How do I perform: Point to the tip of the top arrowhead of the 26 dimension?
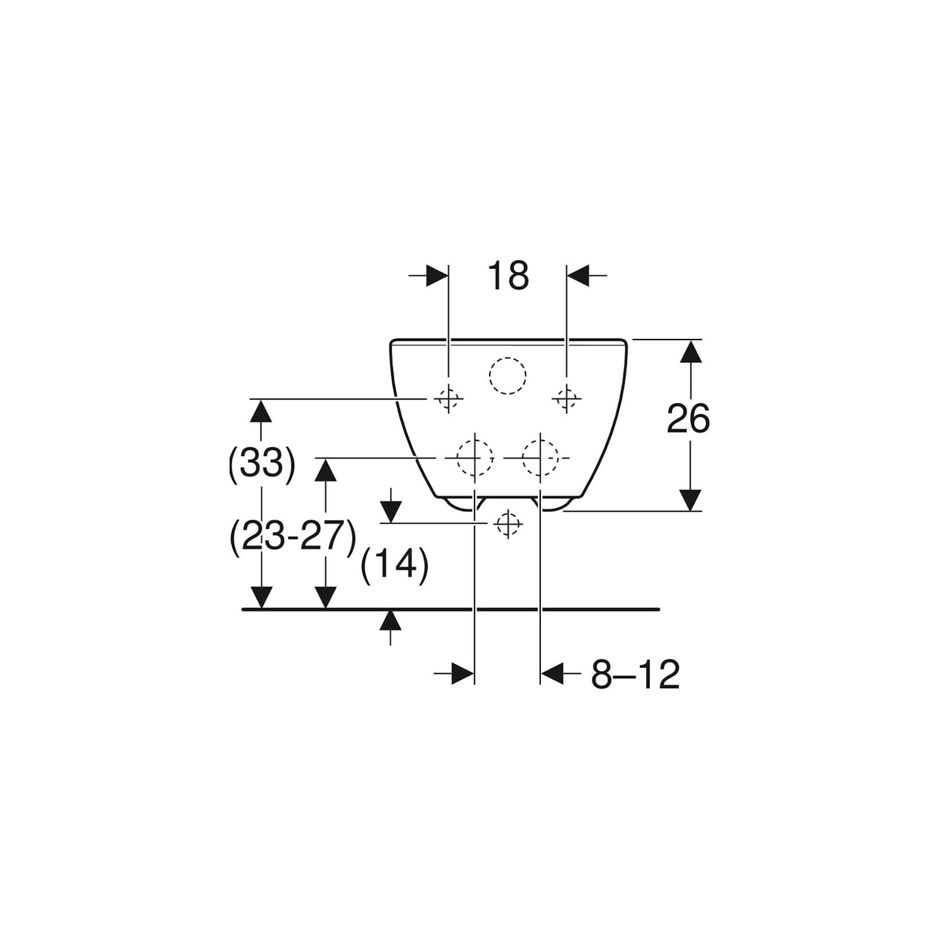[x=690, y=340]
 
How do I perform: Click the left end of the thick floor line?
[x=243, y=609]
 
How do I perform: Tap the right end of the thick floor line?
[x=659, y=609]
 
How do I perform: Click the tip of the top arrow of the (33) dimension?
[x=261, y=400]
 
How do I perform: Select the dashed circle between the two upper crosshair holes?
[x=507, y=376]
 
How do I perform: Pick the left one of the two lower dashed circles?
[x=475, y=457]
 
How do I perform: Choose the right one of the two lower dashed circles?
[x=540, y=457]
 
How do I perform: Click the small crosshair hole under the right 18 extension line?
[x=567, y=399]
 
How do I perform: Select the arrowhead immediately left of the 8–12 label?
[x=552, y=674]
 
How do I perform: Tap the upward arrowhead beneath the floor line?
[x=390, y=620]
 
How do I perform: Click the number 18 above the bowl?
[x=508, y=276]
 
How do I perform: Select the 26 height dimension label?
[x=688, y=419]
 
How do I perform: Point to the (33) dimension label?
[x=262, y=465]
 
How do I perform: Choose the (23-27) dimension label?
[x=293, y=536]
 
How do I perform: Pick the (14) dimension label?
[x=395, y=566]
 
